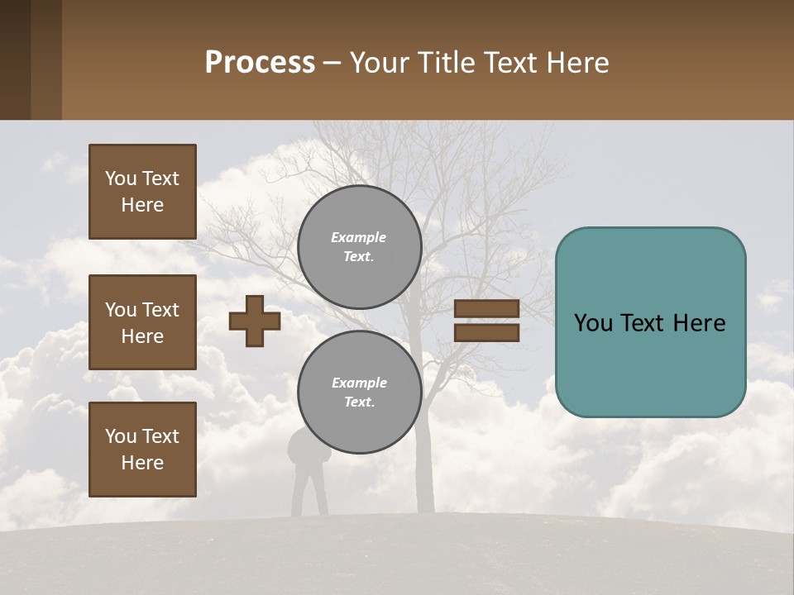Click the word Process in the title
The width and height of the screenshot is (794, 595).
260,63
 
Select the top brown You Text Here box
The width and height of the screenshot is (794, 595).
142,192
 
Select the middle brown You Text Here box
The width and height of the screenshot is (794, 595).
142,322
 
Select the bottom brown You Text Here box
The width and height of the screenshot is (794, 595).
142,450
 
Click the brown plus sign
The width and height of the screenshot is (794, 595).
255,321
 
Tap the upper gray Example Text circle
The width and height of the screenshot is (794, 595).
359,246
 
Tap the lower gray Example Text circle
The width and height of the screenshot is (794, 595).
359,392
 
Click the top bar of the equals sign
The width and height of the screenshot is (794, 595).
486,309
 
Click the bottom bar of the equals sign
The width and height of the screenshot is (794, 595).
486,332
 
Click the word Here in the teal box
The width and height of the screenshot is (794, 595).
700,323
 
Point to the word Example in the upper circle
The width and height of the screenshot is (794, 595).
359,237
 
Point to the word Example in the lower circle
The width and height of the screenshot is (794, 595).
359,383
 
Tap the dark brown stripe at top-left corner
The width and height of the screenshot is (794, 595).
15,59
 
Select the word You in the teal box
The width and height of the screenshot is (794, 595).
593,323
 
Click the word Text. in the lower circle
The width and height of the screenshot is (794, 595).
359,402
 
